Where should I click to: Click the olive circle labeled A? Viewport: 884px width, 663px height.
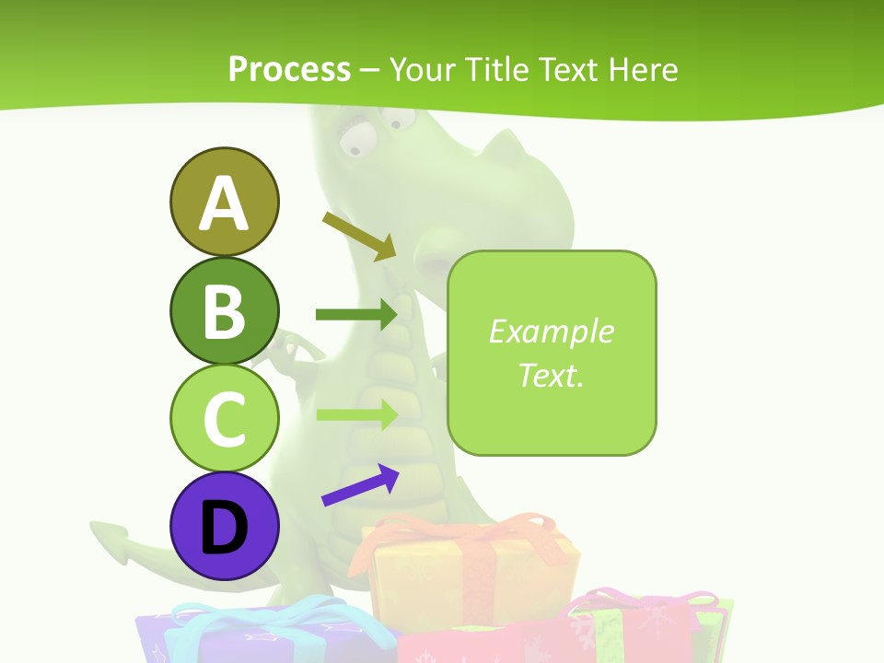pos(224,202)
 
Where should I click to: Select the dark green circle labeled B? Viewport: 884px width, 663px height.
pos(224,310)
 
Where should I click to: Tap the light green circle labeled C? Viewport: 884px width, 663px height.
pos(224,418)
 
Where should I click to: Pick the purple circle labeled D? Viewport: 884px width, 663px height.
pos(224,526)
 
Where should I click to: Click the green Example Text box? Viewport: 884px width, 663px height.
pos(552,353)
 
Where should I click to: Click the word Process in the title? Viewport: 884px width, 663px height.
pos(289,69)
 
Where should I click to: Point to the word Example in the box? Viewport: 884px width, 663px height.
pos(551,331)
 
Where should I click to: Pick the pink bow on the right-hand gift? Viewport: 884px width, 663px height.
pos(645,603)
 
